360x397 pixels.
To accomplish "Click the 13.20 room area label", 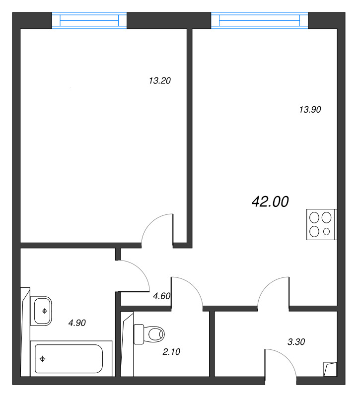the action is coord(159,81).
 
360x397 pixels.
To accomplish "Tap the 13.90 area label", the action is coord(310,110).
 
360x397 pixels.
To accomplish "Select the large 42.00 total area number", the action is coord(270,202).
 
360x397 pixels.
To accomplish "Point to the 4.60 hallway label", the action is coord(162,296).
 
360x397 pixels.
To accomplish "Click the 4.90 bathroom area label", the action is coord(77,323).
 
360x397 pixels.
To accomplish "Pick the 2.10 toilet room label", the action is coord(171,352).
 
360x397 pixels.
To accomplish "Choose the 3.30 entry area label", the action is coord(296,342).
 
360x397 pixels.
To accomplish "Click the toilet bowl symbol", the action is coord(149,334).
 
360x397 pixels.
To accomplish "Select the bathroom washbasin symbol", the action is coord(41,311).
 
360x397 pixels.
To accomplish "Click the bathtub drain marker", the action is coord(42,359).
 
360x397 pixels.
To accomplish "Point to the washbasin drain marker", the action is coord(45,311).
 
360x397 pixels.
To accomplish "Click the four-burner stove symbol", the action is coord(321,224).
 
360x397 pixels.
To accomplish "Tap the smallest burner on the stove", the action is coord(327,231).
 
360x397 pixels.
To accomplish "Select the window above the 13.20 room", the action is coord(89,20).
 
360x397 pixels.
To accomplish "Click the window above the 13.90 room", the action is coord(259,20).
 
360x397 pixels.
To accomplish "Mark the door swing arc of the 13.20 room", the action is coord(152,221).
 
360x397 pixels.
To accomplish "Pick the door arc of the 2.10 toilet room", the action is coord(194,286).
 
